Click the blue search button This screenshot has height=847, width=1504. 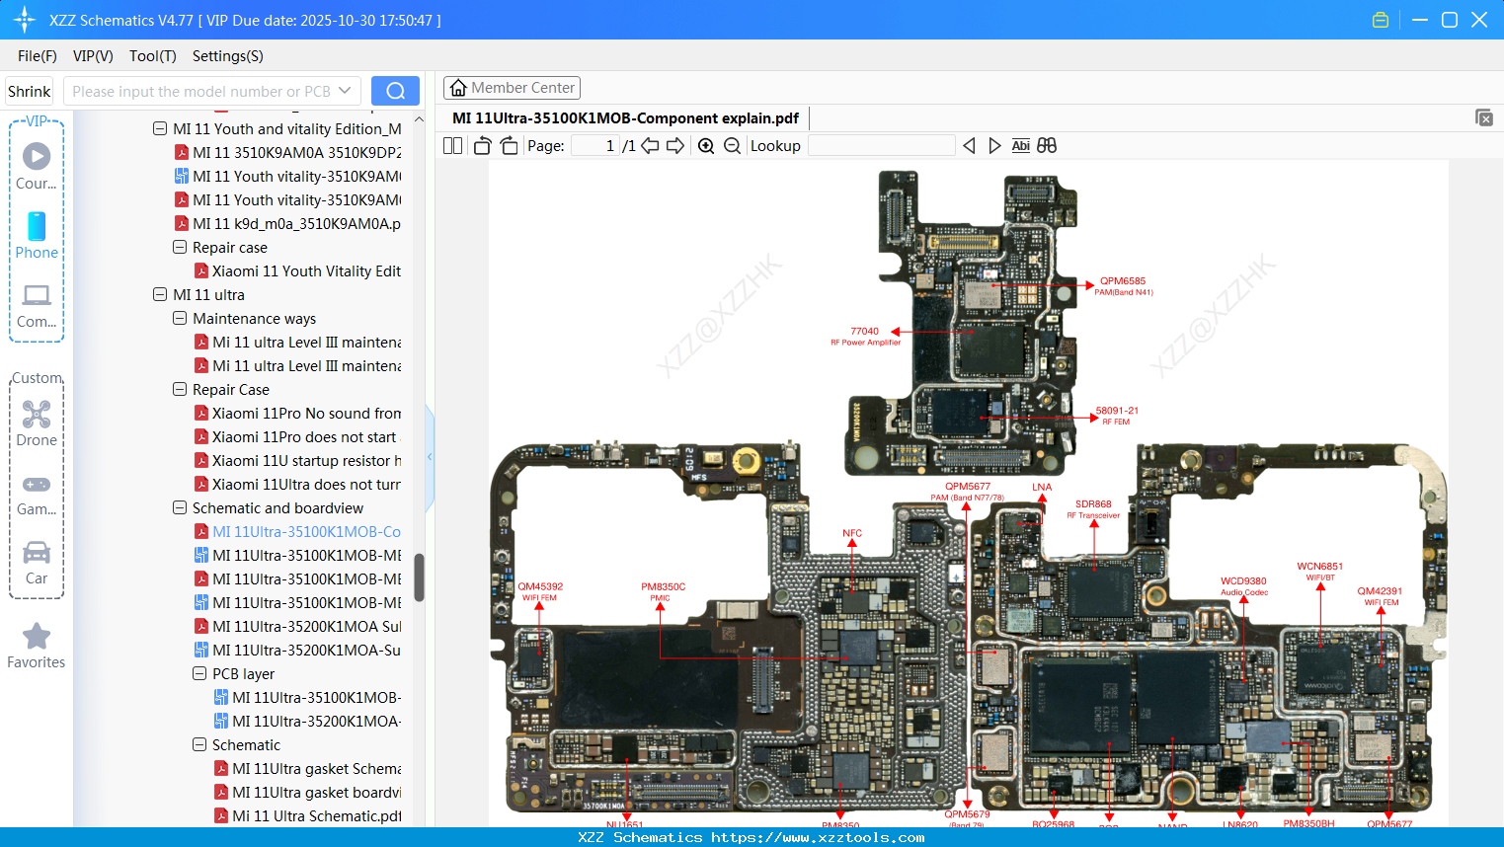395,91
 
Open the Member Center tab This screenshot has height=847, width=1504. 512,88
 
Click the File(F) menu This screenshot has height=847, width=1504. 38,56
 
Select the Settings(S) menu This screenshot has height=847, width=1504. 227,56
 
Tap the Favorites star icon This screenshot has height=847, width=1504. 37,637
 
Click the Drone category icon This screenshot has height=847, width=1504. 37,415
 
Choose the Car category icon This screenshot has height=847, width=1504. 37,553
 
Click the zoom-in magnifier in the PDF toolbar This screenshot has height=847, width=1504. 706,146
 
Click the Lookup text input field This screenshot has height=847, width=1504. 881,146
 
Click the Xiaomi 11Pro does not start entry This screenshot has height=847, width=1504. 303,437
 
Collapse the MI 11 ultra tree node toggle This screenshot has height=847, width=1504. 160,295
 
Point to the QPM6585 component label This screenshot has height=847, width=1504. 1123,281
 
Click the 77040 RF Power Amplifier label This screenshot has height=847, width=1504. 864,332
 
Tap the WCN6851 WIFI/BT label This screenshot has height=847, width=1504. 1319,567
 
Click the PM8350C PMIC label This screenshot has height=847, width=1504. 663,587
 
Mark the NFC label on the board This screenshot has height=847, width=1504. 852,533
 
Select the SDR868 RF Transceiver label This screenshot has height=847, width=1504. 1093,504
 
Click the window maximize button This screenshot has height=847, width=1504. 1449,20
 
